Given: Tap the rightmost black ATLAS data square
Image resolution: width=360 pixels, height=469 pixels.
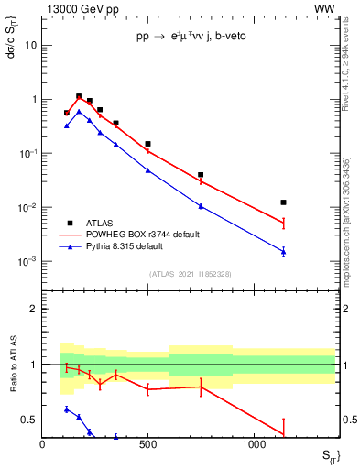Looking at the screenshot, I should (284, 202).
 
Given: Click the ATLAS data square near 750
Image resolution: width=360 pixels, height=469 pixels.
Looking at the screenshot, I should (201, 174).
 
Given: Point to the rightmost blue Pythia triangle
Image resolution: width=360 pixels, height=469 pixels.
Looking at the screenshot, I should (284, 252).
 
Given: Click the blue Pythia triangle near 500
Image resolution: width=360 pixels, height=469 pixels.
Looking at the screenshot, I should (148, 170).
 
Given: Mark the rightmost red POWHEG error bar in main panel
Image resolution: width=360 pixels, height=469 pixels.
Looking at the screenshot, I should (284, 223).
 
